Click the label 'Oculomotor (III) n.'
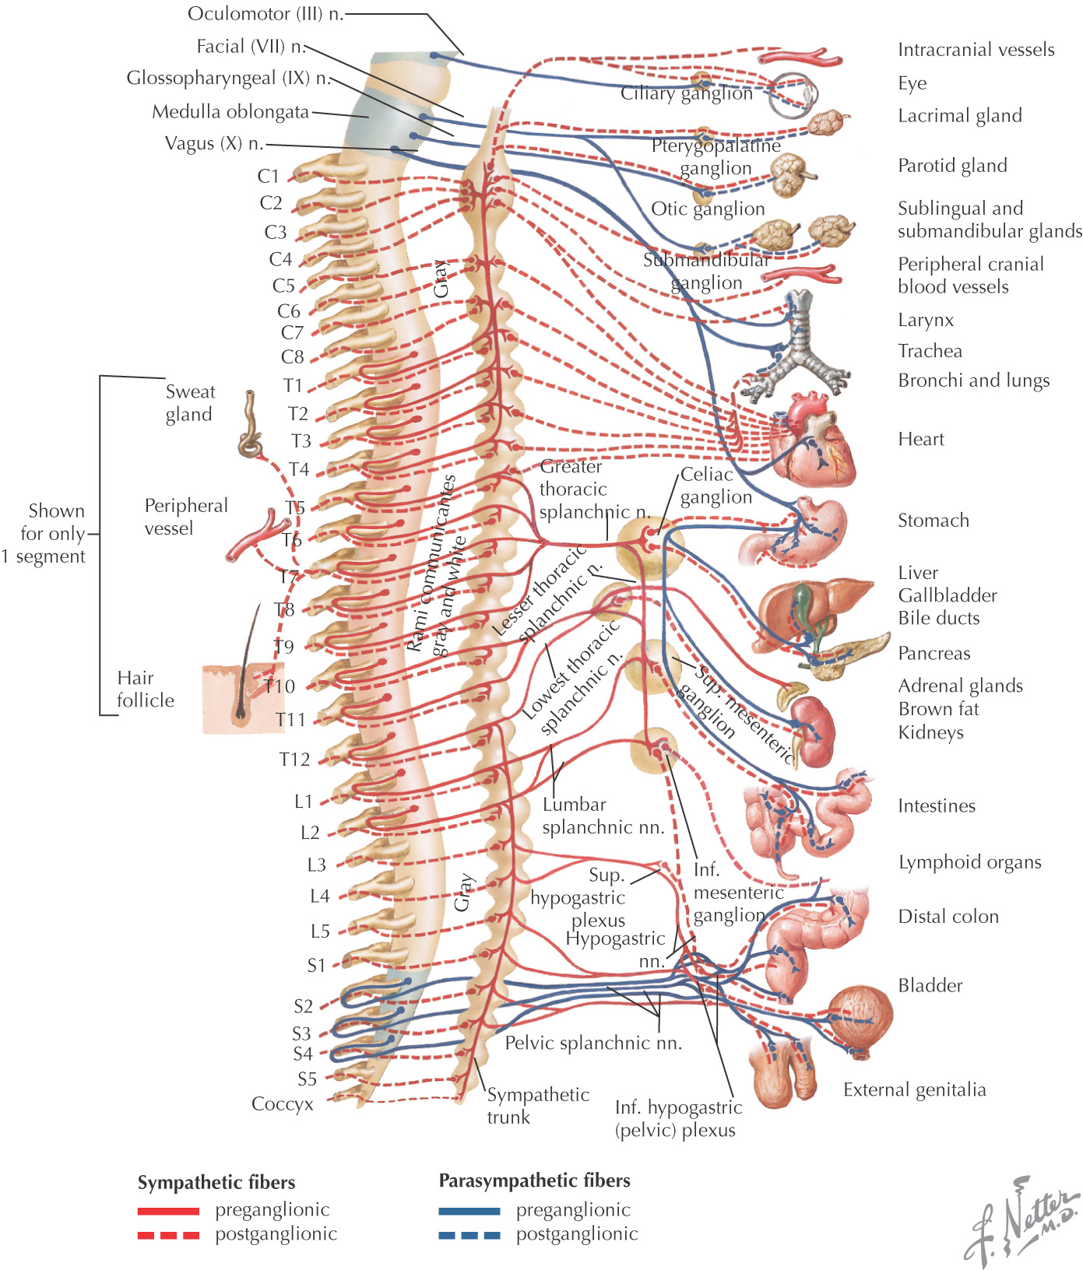[265, 14]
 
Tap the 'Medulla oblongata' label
[230, 112]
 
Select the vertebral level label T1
[293, 385]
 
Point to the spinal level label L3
[316, 865]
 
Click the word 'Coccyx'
[283, 1104]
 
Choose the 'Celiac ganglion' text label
[716, 486]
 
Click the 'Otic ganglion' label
[708, 209]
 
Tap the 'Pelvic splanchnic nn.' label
[593, 1043]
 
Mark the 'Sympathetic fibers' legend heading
[216, 1183]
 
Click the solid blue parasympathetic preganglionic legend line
[469, 1211]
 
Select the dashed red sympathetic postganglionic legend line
[168, 1235]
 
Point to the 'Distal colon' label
[948, 917]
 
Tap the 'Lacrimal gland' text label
[959, 116]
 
